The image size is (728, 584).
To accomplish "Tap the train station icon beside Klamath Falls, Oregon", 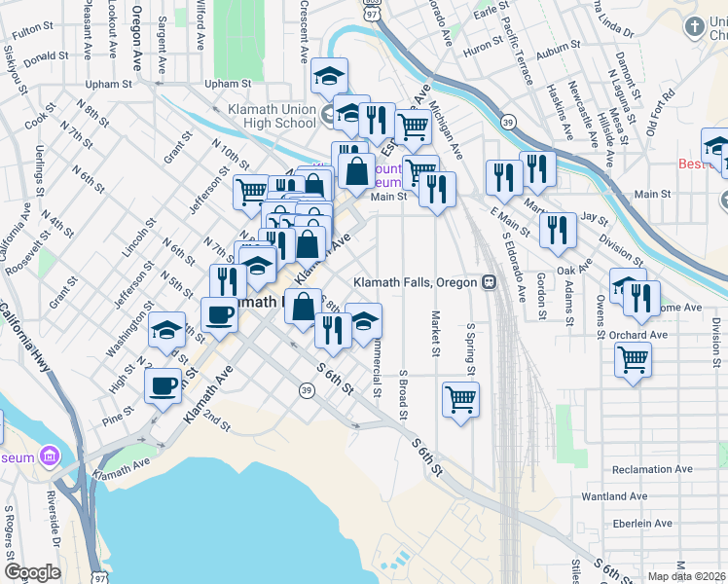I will click(490, 282).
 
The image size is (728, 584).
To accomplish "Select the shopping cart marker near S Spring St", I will click(460, 397).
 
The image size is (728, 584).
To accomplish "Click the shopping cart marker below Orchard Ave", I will click(633, 359).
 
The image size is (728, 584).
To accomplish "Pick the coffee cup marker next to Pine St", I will click(163, 385).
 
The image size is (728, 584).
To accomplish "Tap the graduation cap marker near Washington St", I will click(166, 330).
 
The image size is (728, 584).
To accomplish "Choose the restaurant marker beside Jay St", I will click(558, 229).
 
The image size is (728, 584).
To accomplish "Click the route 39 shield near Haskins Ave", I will click(508, 122).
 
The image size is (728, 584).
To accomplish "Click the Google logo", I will click(32, 572).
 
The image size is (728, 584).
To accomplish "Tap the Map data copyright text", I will click(687, 576).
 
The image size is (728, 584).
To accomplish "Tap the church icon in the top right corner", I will click(695, 26).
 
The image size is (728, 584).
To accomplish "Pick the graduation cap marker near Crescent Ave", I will click(330, 75).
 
